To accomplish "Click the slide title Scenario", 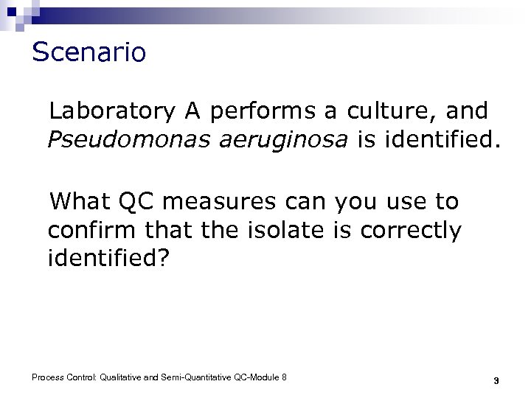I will click(89, 52).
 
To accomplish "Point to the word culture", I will click(383, 111).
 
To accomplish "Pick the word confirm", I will click(91, 231).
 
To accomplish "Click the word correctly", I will click(412, 231).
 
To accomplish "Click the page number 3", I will click(496, 381).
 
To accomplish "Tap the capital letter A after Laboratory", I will click(193, 111).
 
